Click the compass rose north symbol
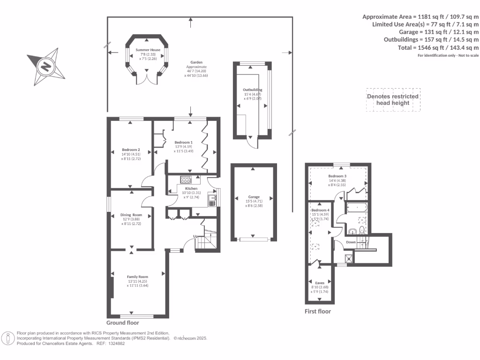[46, 67]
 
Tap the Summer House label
[148, 50]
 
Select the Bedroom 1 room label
[183, 142]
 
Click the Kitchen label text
[184, 188]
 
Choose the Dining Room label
[131, 215]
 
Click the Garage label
[254, 197]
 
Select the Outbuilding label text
[252, 90]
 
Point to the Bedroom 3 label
[337, 176]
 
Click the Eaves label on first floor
[320, 283]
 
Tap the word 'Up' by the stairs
[196, 236]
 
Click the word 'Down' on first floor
[351, 242]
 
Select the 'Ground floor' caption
[123, 322]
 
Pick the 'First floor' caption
[318, 311]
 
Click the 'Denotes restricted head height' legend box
[393, 100]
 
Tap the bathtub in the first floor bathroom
[358, 207]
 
